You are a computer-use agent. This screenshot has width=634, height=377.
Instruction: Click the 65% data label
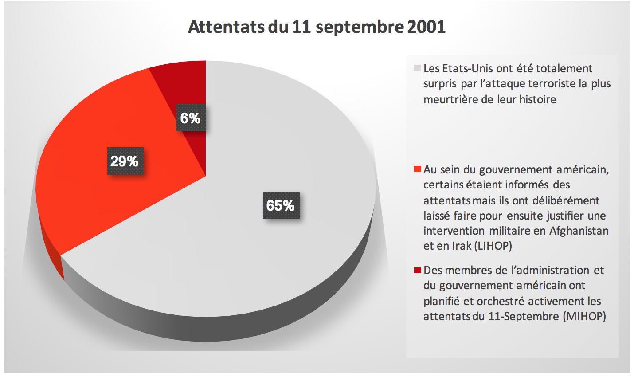pyautogui.click(x=281, y=205)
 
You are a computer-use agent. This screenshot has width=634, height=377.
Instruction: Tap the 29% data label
pyautogui.click(x=125, y=161)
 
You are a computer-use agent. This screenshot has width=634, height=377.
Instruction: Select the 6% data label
pyautogui.click(x=191, y=118)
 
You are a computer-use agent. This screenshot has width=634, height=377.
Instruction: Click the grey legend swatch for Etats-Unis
pyautogui.click(x=417, y=68)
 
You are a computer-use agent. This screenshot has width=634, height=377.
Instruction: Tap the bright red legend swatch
pyautogui.click(x=417, y=169)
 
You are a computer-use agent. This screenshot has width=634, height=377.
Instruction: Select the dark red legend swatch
pyautogui.click(x=417, y=270)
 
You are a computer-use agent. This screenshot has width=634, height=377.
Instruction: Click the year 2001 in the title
pyautogui.click(x=426, y=27)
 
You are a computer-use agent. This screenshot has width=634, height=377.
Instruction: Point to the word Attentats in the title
pyautogui.click(x=226, y=27)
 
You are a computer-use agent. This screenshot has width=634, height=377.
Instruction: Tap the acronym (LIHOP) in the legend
pyautogui.click(x=493, y=246)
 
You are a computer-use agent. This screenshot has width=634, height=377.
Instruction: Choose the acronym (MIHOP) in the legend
pyautogui.click(x=585, y=316)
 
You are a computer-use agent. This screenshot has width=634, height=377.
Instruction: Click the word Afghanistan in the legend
pyautogui.click(x=579, y=231)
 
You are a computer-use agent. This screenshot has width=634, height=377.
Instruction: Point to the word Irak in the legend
pyautogui.click(x=461, y=246)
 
